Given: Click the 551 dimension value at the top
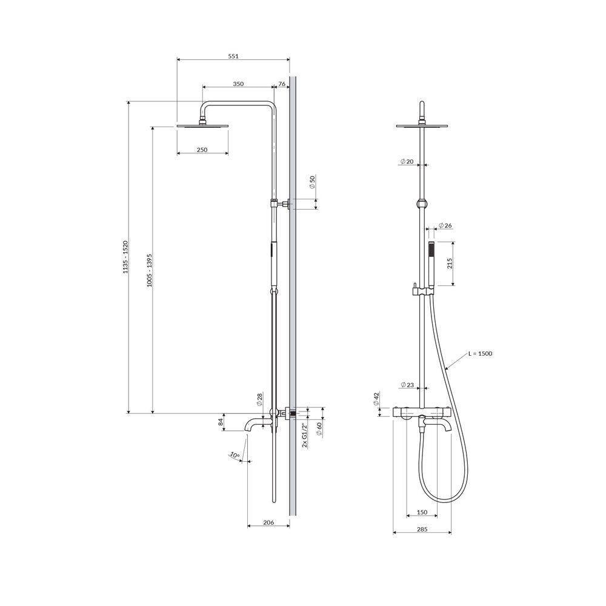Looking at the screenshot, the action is (233, 56).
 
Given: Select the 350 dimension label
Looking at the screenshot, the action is (238, 84).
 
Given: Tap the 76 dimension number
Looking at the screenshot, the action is (282, 84).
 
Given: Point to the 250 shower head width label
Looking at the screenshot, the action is (202, 150).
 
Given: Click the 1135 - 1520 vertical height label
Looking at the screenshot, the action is (125, 258).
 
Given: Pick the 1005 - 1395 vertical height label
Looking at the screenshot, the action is (150, 270).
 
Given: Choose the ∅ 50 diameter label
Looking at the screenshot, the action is (313, 182).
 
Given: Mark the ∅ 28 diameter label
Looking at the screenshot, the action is (259, 399).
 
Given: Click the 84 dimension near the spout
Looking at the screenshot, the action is (221, 422).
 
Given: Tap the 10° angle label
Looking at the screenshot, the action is (235, 455).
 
